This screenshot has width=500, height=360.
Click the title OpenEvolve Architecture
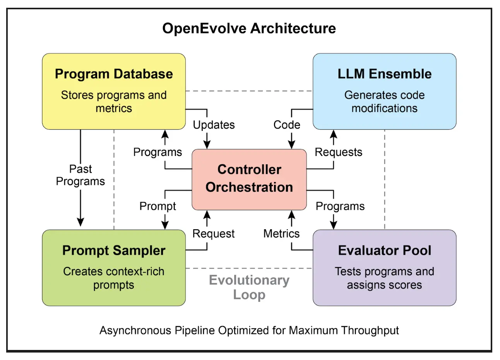point(249,28)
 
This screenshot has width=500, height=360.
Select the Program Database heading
point(114,74)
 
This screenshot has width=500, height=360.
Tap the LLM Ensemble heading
point(384,74)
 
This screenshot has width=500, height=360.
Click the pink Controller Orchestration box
point(249,178)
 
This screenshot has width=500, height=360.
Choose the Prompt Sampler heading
point(114,250)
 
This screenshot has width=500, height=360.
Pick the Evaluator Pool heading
point(384,250)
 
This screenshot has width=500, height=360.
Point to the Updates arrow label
point(214,125)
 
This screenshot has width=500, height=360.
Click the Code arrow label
point(287,125)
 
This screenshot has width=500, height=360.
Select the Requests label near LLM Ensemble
point(338,152)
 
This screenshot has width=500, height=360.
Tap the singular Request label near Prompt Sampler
point(213,234)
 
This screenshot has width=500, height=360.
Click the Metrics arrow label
point(281,234)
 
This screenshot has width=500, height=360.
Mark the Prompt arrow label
point(158,206)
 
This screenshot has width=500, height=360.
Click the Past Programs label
point(80,175)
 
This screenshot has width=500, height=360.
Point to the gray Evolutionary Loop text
point(249,287)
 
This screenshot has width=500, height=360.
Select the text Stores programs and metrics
point(114,101)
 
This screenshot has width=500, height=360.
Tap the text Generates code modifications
point(384,101)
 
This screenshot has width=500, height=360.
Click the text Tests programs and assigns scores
point(384,278)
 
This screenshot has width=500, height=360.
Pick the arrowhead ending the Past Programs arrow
point(80,222)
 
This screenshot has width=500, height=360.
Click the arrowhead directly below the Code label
point(292,144)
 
